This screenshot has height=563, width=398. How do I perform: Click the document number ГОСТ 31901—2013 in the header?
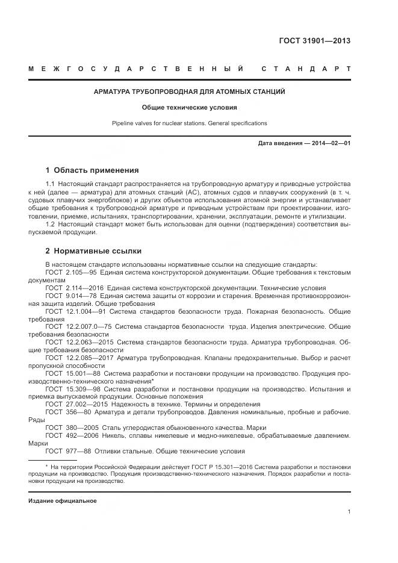[314, 42]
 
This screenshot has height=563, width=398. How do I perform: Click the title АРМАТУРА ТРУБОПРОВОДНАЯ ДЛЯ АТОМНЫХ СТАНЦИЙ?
[189, 92]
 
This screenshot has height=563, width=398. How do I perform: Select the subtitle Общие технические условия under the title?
[189, 108]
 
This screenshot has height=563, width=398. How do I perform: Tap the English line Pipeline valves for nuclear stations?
[189, 123]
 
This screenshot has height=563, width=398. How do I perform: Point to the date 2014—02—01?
[331, 143]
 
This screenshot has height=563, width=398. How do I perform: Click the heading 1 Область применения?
[92, 170]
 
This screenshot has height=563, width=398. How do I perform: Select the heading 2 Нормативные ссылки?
[93, 250]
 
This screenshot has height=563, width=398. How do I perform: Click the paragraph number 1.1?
[51, 183]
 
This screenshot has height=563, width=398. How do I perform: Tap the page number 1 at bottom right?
[349, 512]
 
